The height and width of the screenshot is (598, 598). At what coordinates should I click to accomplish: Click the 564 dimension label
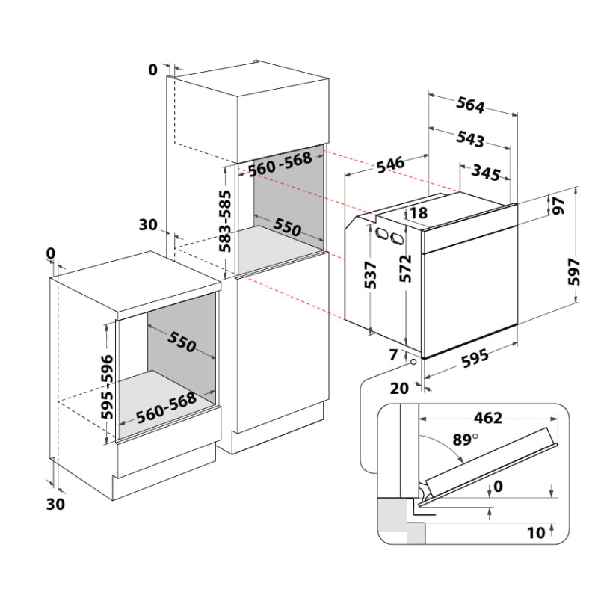point(470,105)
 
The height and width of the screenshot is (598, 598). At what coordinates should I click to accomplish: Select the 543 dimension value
point(470,139)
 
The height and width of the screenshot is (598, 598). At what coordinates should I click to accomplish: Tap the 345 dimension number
point(486,173)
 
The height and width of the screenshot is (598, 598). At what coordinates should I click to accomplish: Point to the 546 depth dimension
point(390,164)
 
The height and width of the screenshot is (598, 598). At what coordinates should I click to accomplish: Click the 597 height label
point(574,271)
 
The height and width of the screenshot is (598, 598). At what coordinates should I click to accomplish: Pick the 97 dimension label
point(558,206)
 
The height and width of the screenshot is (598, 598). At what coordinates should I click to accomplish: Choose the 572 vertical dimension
point(406,268)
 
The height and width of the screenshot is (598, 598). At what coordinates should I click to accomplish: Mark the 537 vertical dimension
point(370,274)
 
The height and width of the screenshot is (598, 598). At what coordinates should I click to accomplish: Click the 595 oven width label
point(475,359)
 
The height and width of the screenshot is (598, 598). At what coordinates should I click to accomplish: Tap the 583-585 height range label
point(225,221)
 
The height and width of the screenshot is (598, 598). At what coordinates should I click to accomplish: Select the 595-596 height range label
point(107,386)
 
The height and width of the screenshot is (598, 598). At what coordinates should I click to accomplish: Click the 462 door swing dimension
point(488,419)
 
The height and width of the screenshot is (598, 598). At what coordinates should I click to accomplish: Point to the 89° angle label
point(465,440)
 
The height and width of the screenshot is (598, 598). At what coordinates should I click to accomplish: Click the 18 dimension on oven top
point(419,213)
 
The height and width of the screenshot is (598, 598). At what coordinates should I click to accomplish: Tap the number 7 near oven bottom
point(394,354)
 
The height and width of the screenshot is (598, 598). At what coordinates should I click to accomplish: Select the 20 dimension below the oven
point(399,388)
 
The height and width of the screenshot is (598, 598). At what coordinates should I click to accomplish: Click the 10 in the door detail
point(536,533)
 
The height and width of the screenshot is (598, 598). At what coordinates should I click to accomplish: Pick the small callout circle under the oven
point(413,361)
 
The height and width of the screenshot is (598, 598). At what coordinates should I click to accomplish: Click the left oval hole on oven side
point(382,233)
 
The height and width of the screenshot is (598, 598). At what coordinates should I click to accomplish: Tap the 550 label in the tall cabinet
point(287,227)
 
